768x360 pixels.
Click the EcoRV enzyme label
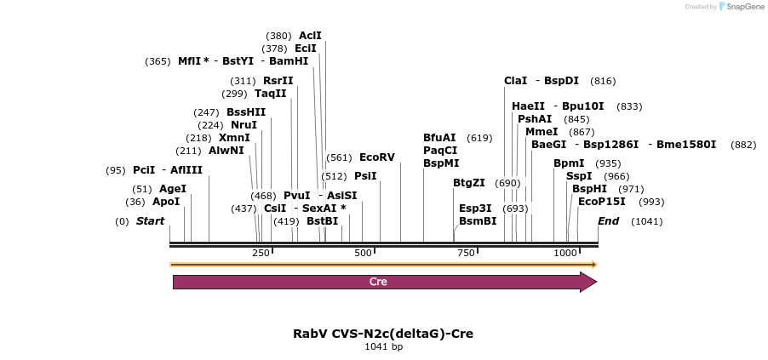(376, 157)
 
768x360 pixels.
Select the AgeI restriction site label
(173, 189)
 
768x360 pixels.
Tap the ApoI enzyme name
(166, 202)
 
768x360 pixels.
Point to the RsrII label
(278, 81)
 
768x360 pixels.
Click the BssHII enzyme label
(246, 111)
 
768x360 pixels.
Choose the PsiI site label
(365, 176)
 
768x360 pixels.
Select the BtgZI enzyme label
(469, 183)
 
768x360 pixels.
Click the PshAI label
(535, 119)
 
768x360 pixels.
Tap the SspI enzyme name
(579, 176)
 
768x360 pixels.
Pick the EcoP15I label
(601, 202)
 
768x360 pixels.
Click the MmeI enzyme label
(542, 132)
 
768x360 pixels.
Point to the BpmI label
(569, 163)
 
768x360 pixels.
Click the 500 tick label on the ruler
(364, 253)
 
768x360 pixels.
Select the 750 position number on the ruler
(465, 253)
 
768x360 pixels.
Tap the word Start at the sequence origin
(150, 221)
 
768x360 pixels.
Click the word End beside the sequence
(608, 221)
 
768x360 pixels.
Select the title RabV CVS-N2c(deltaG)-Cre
(383, 334)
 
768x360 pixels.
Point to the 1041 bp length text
(383, 346)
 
